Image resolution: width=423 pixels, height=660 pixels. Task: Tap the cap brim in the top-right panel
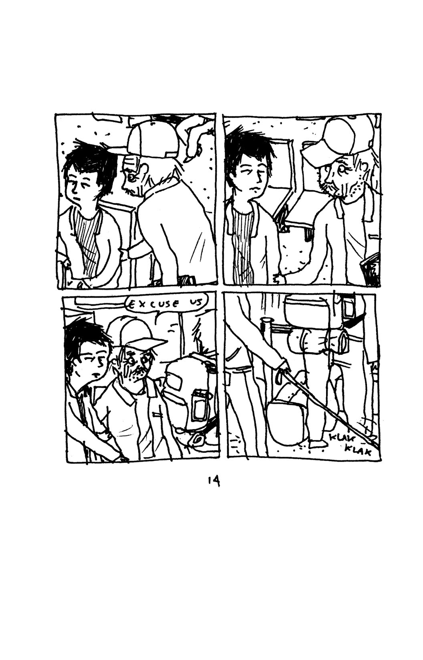click(312, 154)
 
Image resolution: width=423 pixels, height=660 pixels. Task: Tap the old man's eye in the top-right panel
click(342, 170)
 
